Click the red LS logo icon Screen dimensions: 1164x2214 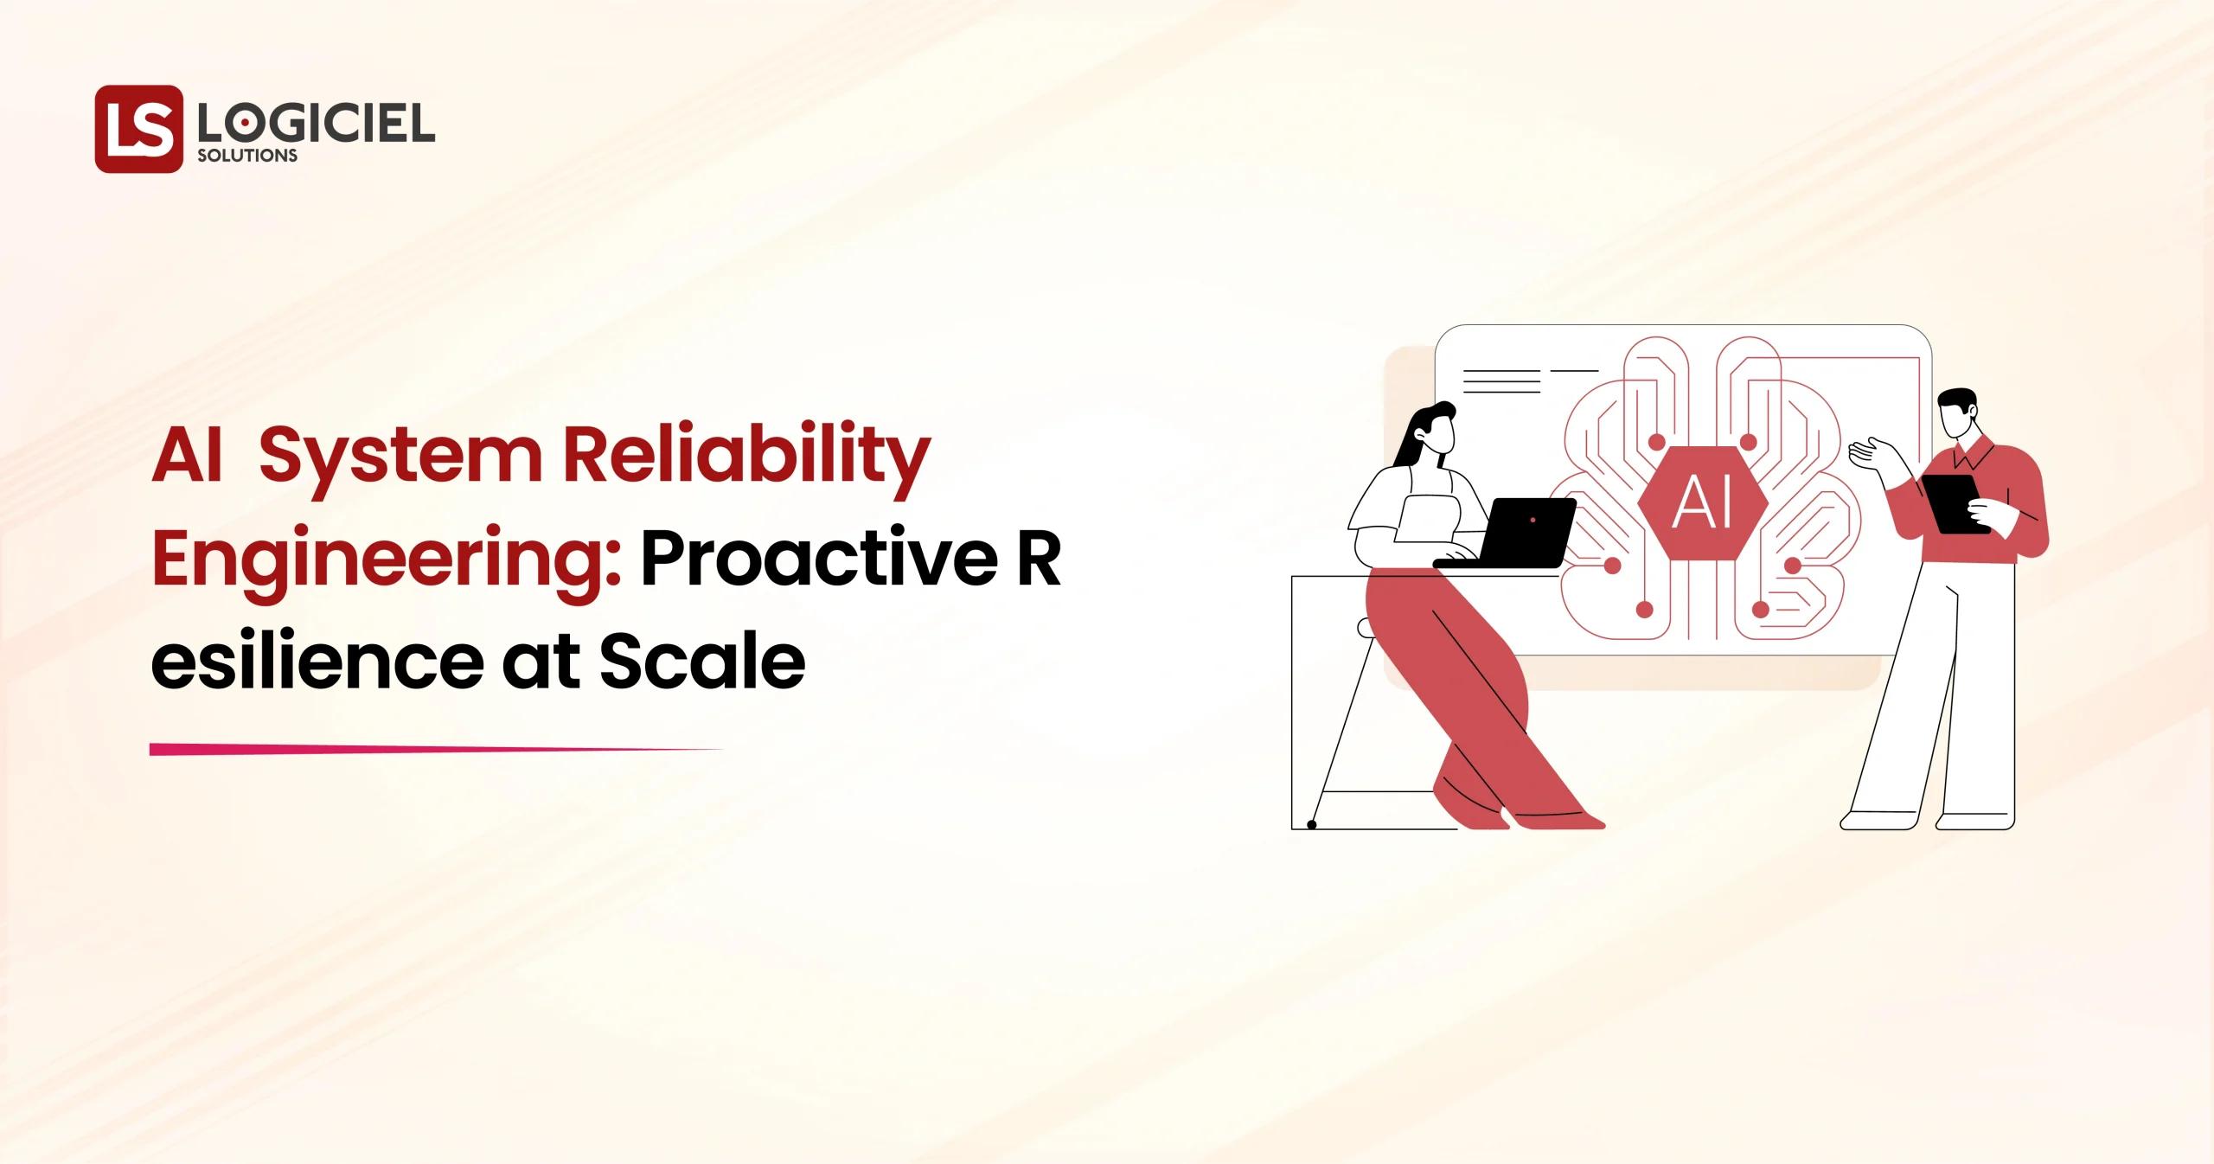(x=139, y=128)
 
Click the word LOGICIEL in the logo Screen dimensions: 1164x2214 (x=316, y=127)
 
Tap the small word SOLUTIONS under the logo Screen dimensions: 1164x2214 (x=247, y=156)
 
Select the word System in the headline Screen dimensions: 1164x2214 (x=400, y=458)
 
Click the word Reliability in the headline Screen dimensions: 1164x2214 (x=746, y=458)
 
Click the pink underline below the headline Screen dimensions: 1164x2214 (x=432, y=750)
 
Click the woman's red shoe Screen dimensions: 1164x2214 (x=1557, y=817)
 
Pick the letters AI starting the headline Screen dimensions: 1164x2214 (x=187, y=458)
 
